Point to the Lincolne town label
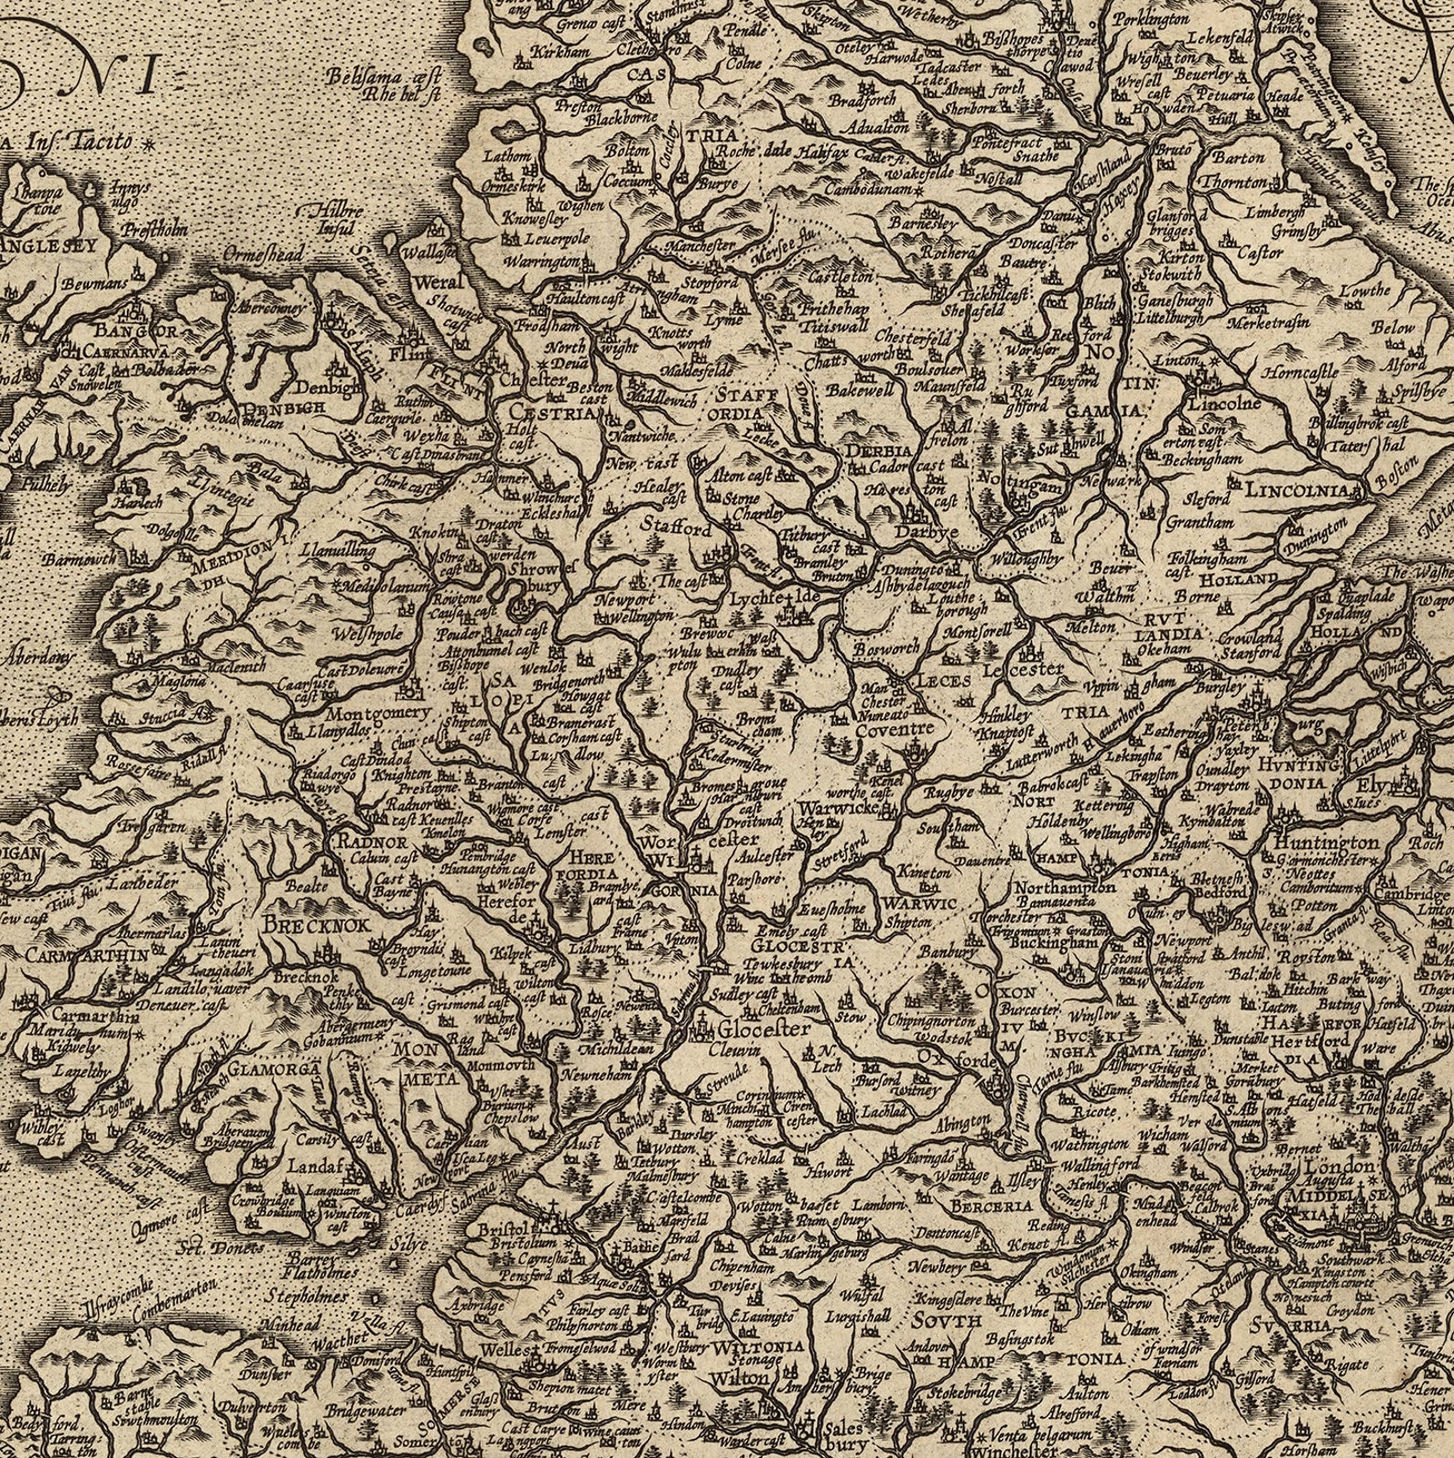[1223, 403]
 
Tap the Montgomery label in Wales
[378, 713]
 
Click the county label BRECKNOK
[316, 925]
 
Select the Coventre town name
[895, 729]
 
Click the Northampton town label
[1064, 887]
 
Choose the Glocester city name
[764, 1028]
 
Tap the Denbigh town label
[333, 388]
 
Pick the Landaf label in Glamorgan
[314, 1168]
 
